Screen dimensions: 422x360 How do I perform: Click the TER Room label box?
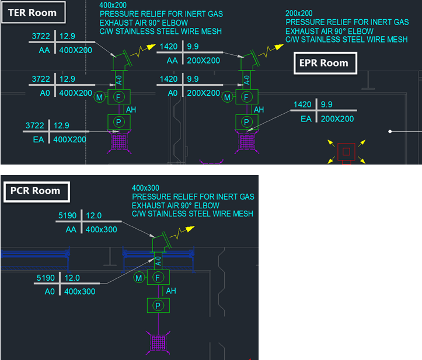(33, 12)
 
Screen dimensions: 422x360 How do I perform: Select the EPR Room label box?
(325, 63)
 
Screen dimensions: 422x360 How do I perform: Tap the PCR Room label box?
(37, 191)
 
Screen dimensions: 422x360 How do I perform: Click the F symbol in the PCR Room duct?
(158, 277)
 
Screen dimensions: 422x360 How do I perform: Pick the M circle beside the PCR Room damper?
(138, 278)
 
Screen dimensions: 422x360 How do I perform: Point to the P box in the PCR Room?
(158, 305)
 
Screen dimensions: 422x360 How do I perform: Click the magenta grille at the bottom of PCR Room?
(158, 342)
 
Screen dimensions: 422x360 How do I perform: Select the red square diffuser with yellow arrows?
(346, 152)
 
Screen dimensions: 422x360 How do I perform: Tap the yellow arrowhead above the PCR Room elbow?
(190, 229)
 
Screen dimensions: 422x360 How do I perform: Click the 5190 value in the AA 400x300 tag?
(67, 215)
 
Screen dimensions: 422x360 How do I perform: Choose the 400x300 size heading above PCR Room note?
(145, 188)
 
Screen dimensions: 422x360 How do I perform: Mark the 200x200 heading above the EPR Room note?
(299, 13)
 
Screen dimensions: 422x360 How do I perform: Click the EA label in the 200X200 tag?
(306, 118)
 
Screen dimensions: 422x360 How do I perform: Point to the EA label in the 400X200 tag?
(39, 139)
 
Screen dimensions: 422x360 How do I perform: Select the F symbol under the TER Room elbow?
(118, 97)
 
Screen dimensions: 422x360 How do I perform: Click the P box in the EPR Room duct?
(247, 122)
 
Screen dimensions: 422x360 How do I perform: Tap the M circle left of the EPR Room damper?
(227, 97)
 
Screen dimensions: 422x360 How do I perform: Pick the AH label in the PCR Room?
(171, 291)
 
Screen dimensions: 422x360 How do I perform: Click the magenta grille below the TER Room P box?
(119, 142)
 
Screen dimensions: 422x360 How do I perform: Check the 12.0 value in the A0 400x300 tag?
(72, 278)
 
